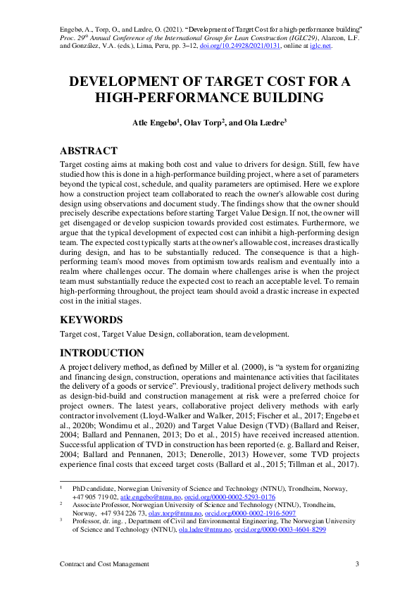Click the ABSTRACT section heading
pyautogui.click(x=88, y=151)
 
